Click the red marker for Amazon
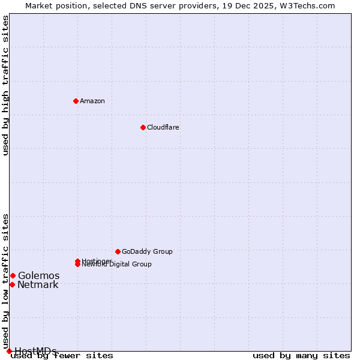click(x=76, y=101)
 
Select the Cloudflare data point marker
click(x=143, y=127)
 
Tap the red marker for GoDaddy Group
click(x=118, y=251)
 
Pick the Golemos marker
click(x=13, y=275)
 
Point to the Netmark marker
click(x=12, y=284)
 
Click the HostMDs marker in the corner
click(x=9, y=351)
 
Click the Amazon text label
click(x=92, y=101)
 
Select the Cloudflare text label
click(x=163, y=127)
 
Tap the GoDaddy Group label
click(x=147, y=251)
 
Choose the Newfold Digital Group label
click(x=118, y=265)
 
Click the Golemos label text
click(x=38, y=275)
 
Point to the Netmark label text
click(x=38, y=285)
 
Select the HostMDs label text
click(x=35, y=351)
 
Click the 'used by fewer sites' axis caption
click(x=62, y=356)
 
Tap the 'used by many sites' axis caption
click(x=301, y=356)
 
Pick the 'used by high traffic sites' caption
click(x=6, y=85)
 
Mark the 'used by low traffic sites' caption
click(x=6, y=281)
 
